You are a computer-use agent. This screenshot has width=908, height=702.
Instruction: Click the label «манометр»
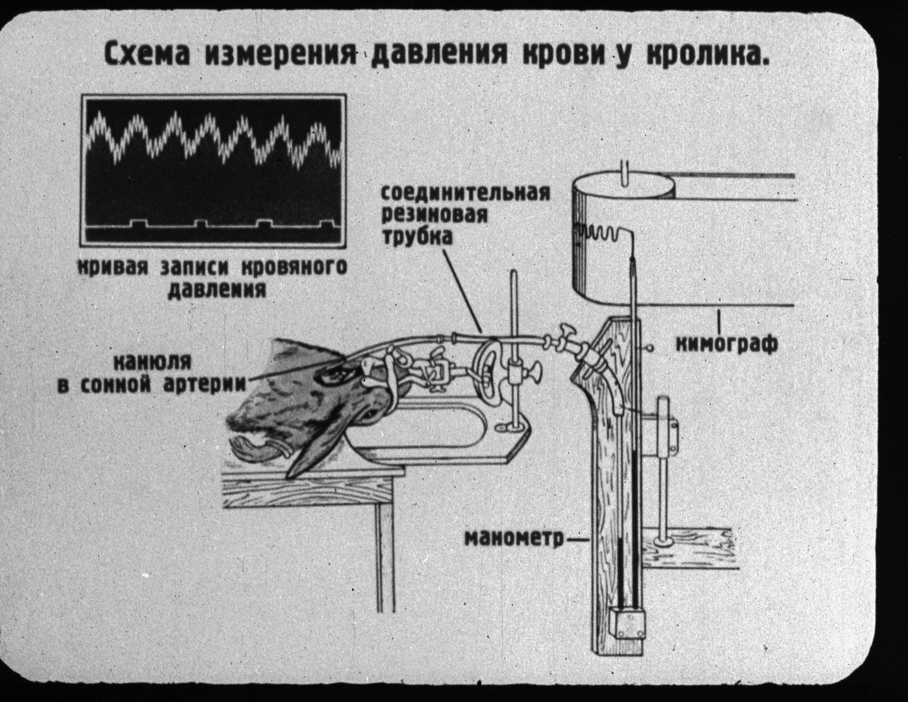click(x=514, y=538)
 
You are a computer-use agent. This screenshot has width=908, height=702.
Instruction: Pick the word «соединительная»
click(x=464, y=193)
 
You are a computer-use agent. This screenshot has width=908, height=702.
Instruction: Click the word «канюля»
click(x=152, y=361)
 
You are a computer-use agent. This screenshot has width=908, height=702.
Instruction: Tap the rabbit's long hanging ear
click(x=318, y=443)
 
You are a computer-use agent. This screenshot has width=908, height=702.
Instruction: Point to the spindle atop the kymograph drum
click(x=625, y=172)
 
